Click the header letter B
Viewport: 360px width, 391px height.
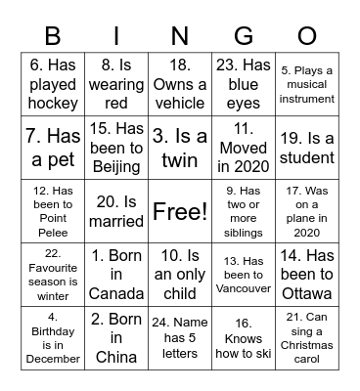pyautogui.click(x=53, y=37)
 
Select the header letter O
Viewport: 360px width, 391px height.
pyautogui.click(x=306, y=37)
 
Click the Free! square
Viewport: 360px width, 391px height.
pyautogui.click(x=180, y=210)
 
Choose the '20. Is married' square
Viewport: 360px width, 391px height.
pyautogui.click(x=116, y=210)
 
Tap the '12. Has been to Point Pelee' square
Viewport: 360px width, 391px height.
pyautogui.click(x=53, y=210)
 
